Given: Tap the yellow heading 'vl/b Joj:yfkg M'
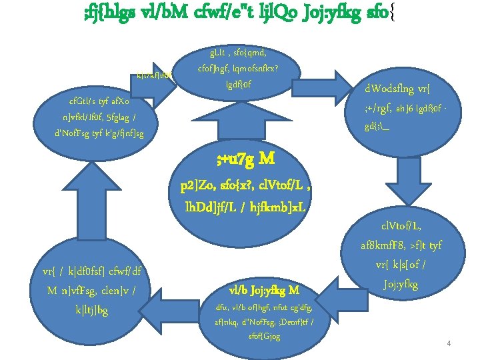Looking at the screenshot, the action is pyautogui.click(x=264, y=290).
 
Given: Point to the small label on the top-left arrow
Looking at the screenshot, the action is pyautogui.click(x=154, y=76).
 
